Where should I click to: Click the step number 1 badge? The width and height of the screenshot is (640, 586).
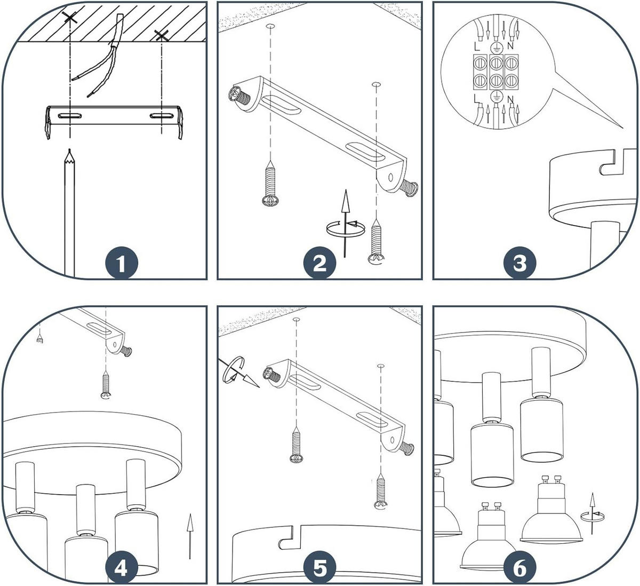coord(122,264)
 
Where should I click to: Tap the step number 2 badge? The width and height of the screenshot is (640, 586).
coord(320,264)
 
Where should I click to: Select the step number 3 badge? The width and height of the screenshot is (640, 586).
coord(519,264)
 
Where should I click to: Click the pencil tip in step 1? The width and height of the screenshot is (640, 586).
coord(69,150)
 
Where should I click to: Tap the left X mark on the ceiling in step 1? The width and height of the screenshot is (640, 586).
coord(70,17)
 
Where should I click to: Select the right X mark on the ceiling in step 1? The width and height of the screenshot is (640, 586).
coord(162,36)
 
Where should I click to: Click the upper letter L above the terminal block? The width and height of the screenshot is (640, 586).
coord(477,46)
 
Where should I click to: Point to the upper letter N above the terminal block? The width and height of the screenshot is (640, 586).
coord(510,46)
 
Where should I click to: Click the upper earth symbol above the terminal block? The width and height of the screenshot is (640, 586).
coord(495,47)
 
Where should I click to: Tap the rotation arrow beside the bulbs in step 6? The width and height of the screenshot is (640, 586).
coord(592,514)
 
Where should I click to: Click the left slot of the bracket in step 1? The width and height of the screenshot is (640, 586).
coord(70,116)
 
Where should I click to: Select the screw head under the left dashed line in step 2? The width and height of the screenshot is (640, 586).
coord(270,201)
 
